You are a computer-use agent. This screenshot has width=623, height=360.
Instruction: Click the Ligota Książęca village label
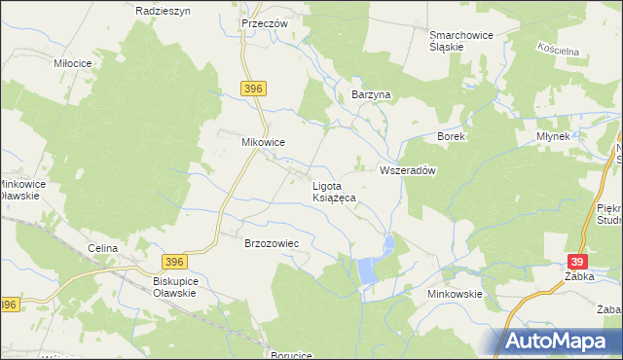(334, 190)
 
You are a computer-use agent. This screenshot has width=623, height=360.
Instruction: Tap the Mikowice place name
(263, 141)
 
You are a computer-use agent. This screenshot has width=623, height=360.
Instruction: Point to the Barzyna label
(370, 95)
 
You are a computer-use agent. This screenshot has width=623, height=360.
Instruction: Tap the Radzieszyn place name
(163, 10)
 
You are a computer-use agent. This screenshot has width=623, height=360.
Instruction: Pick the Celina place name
(101, 248)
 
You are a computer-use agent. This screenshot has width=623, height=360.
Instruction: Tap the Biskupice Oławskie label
(161, 288)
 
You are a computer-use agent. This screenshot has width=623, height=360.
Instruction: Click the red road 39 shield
(578, 262)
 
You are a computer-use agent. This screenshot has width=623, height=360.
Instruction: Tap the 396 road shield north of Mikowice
(253, 90)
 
